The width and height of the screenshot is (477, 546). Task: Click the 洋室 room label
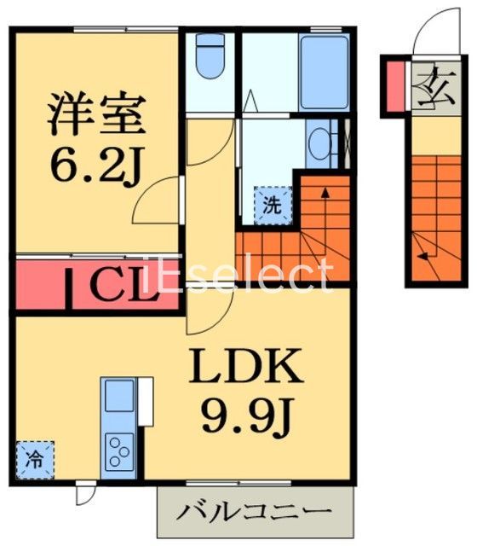pos(95,115)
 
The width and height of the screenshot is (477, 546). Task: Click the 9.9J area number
pos(247,415)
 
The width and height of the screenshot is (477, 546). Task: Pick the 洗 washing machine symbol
pos(271,205)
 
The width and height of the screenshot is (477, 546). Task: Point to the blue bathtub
pos(325,72)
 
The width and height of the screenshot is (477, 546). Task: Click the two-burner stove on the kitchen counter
pos(118,447)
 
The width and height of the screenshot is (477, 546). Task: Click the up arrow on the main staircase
pos(325,205)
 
